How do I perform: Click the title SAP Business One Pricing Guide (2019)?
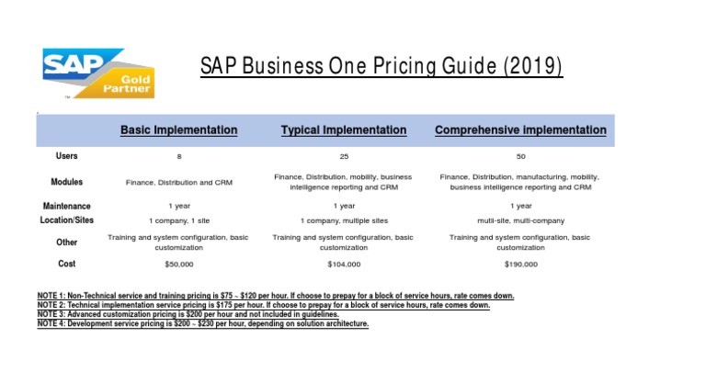(x=381, y=67)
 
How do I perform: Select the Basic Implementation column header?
(x=178, y=130)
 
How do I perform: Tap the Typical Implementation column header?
(x=344, y=130)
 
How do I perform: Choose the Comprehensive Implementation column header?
(x=520, y=130)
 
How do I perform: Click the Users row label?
(x=66, y=156)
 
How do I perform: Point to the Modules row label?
(x=66, y=182)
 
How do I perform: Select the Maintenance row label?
(x=66, y=207)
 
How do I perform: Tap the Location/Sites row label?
(x=66, y=220)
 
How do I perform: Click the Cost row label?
(x=66, y=265)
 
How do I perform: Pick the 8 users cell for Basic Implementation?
(x=179, y=157)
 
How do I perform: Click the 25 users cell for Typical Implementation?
(x=344, y=157)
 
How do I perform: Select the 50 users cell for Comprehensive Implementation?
(x=520, y=157)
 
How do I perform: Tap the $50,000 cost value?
(x=179, y=265)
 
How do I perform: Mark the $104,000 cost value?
(x=344, y=265)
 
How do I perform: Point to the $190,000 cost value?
(x=520, y=265)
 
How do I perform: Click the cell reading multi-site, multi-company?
(x=520, y=221)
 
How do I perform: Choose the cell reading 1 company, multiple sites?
(x=344, y=221)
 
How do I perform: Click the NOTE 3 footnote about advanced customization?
(x=193, y=314)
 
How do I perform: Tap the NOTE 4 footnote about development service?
(x=202, y=323)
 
